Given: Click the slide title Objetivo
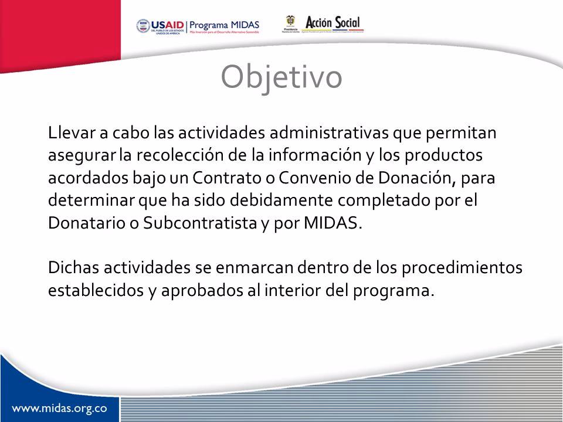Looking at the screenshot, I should [281, 77].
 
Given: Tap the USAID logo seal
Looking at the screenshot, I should [143, 25].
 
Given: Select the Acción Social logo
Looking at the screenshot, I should [335, 23].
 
